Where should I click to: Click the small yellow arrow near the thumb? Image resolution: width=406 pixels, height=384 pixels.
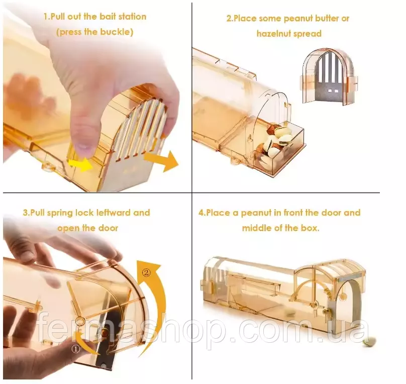(81, 165)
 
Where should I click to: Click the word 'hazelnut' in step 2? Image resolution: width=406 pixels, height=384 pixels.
(275, 33)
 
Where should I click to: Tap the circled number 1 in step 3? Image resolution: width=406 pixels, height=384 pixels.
(75, 349)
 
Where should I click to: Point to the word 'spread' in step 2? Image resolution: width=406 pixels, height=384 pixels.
(309, 34)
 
